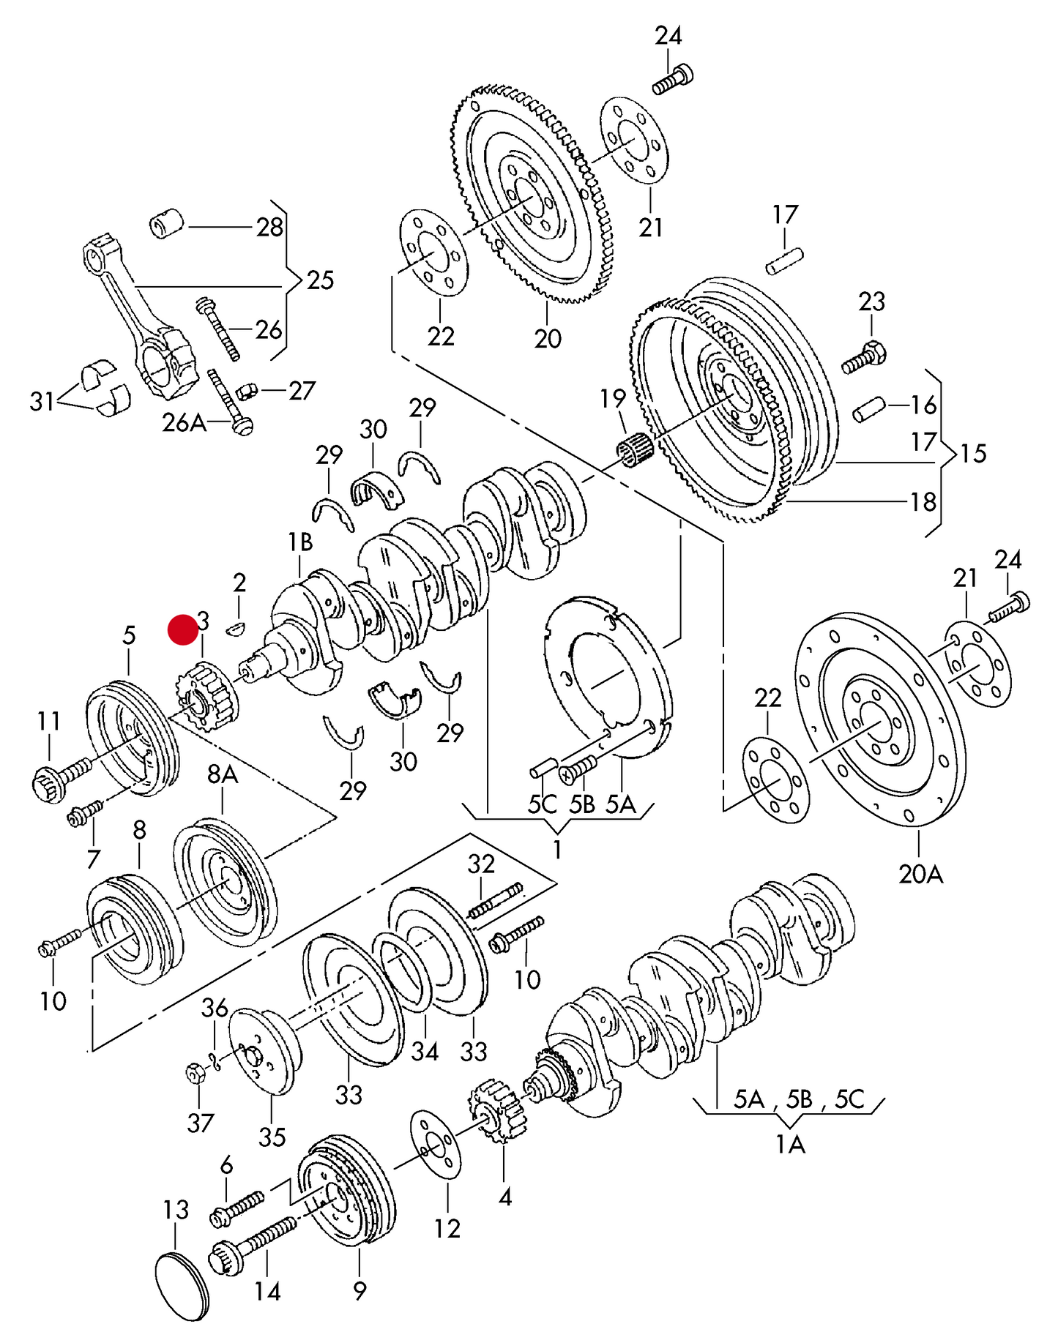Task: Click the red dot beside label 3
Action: click(x=182, y=629)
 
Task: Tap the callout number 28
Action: click(x=269, y=228)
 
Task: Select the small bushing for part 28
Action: click(x=166, y=223)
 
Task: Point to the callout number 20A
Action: click(x=920, y=873)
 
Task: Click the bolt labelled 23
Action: click(x=865, y=358)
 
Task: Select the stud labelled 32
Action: click(x=496, y=900)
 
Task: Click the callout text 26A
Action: click(x=183, y=422)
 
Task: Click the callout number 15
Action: click(x=973, y=454)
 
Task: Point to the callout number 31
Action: click(x=42, y=401)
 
